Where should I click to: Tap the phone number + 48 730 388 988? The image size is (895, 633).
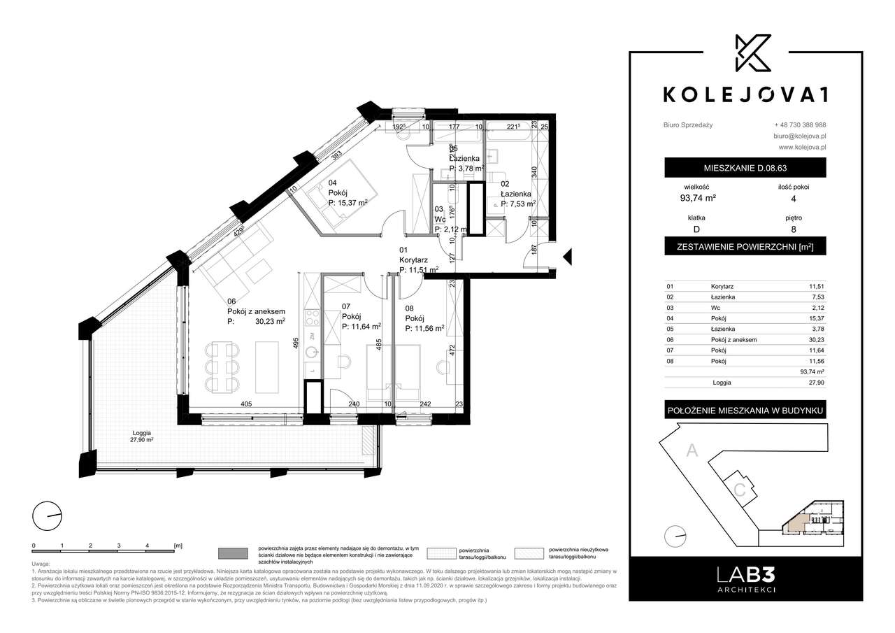point(800,125)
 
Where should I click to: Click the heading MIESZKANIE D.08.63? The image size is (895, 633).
point(745,169)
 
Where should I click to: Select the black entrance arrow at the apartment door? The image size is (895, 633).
point(568,257)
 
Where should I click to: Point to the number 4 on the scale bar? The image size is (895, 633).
point(147,544)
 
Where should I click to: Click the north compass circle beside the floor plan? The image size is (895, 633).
point(47,517)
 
